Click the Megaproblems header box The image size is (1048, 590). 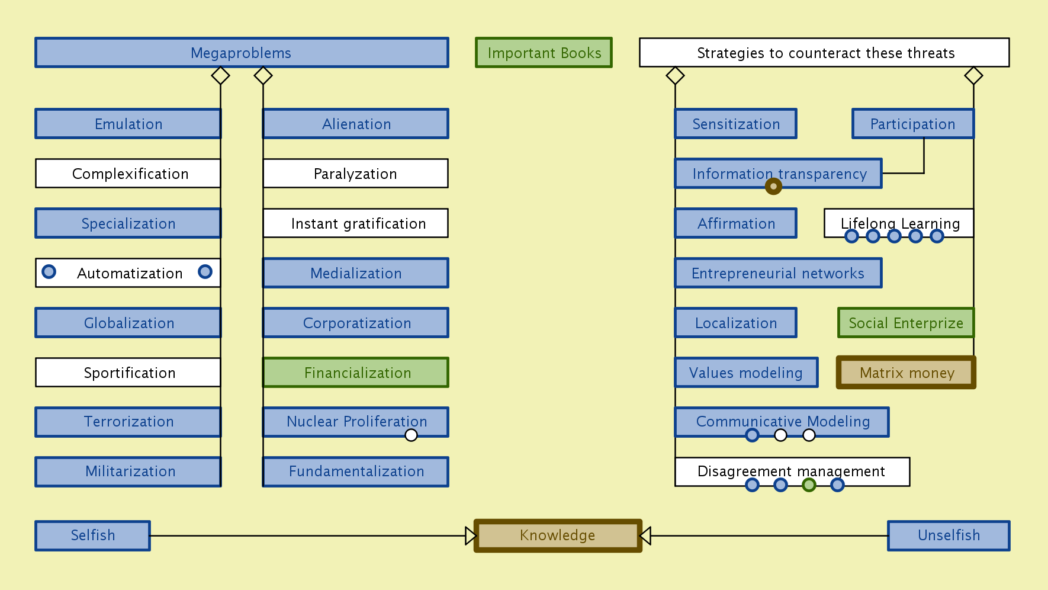click(x=242, y=53)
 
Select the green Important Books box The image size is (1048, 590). click(x=544, y=53)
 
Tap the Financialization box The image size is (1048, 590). click(x=356, y=373)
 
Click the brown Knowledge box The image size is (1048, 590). click(x=558, y=536)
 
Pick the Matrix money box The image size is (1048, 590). click(x=906, y=373)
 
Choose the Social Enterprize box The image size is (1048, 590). click(x=905, y=323)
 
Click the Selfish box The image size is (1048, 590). click(x=92, y=536)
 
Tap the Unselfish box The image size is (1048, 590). click(x=949, y=536)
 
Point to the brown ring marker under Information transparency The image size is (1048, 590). click(x=773, y=187)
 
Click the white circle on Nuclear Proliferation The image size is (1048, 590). click(x=411, y=435)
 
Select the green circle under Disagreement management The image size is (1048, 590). click(x=809, y=485)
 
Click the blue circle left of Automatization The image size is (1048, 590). click(x=49, y=271)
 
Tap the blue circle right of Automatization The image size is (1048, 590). click(x=205, y=271)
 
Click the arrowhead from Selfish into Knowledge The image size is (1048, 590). click(x=471, y=536)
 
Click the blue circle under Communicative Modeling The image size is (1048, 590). click(x=752, y=435)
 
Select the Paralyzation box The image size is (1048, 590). click(x=356, y=174)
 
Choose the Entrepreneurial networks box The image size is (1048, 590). click(x=778, y=273)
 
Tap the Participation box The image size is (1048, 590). click(x=912, y=124)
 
